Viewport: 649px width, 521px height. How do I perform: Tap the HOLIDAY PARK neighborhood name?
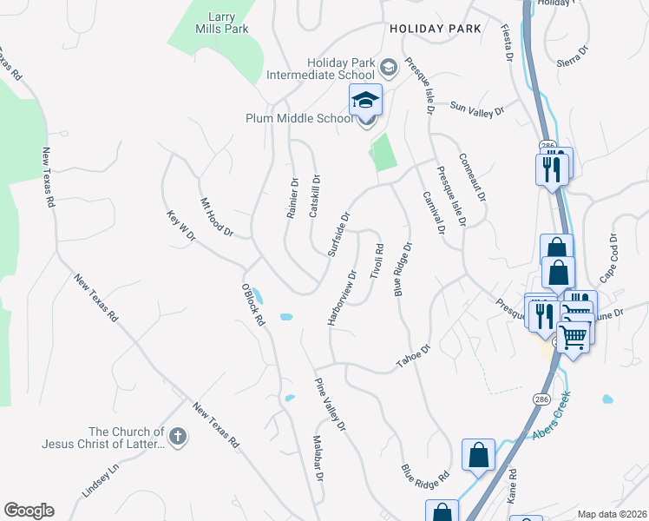click(435, 29)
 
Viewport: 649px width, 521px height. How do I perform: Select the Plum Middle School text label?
click(298, 119)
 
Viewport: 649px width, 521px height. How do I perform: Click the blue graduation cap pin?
click(365, 101)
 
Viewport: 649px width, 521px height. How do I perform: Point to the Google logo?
click(29, 511)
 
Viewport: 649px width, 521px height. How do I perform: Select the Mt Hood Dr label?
click(218, 217)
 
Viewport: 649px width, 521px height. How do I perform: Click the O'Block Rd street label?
click(252, 304)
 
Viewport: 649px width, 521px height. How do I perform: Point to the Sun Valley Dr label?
click(477, 109)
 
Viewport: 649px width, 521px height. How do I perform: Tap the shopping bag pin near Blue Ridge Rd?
click(478, 455)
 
